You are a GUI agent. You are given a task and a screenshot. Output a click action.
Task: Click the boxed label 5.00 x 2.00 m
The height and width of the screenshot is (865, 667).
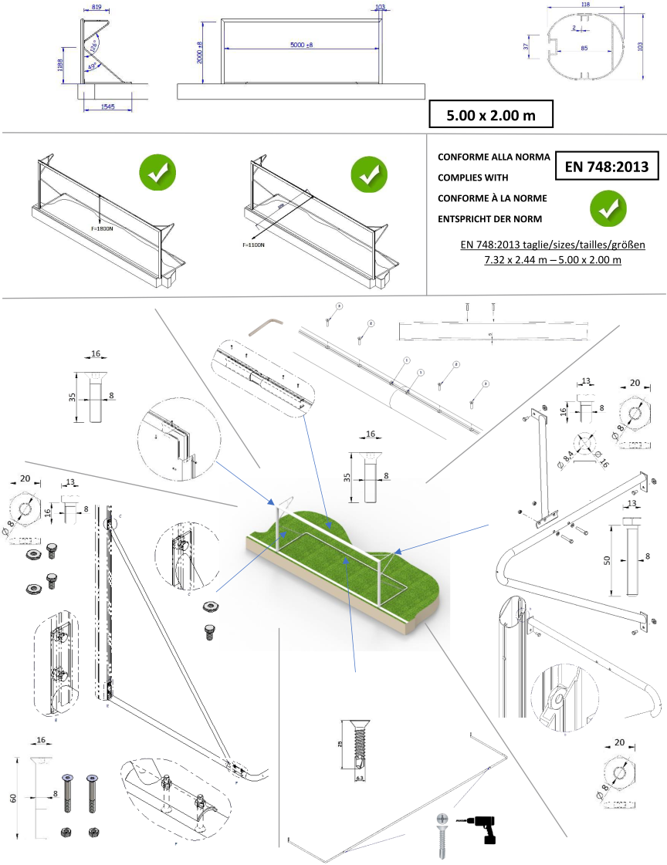tap(491, 114)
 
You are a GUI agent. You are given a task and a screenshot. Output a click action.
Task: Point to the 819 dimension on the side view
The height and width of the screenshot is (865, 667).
tap(96, 7)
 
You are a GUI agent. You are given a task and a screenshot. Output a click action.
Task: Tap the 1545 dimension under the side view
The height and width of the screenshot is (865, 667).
tap(107, 106)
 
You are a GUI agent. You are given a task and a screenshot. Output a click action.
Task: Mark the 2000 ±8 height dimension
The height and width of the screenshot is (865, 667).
tap(200, 52)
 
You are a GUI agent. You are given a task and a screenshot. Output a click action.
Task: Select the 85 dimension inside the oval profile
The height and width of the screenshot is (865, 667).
tap(584, 49)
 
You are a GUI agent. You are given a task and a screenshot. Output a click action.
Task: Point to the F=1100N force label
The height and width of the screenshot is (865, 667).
tap(253, 245)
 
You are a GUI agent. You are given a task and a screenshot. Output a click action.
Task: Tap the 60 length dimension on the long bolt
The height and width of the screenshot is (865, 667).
tap(14, 798)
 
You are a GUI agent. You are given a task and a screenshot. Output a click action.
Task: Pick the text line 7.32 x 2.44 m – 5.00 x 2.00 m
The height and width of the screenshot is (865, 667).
tap(552, 259)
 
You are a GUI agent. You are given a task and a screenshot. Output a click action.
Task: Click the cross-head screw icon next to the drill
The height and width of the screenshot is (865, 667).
tap(442, 829)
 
